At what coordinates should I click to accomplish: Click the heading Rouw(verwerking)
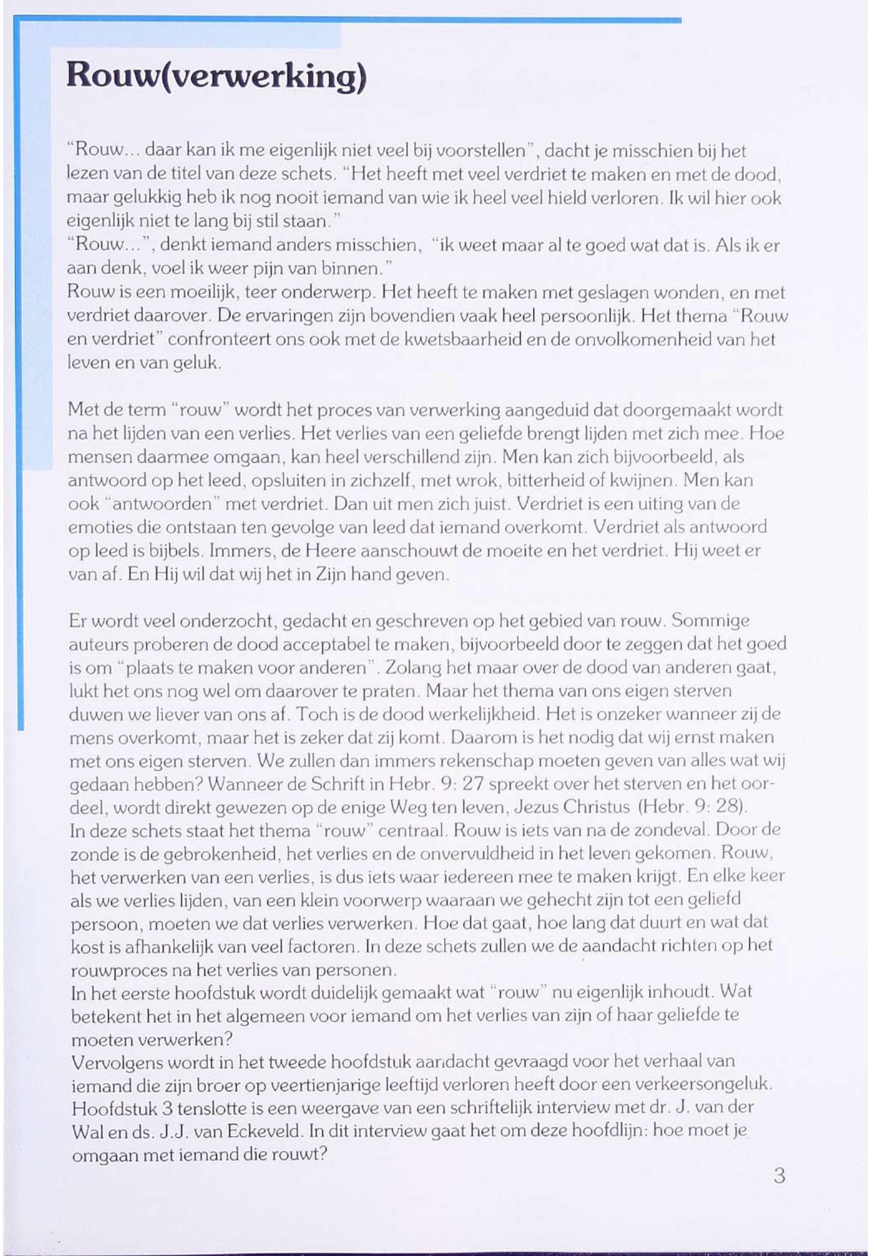(216, 76)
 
